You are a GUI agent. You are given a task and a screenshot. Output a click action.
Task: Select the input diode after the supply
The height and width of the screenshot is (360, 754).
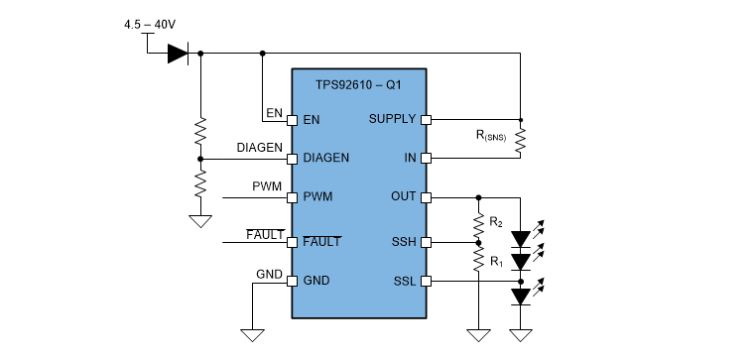[x=178, y=54]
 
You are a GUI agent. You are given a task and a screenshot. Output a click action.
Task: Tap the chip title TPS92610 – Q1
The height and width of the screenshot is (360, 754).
[x=359, y=86]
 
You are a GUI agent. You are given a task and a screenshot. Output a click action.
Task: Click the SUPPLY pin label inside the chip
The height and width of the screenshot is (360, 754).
[x=392, y=119]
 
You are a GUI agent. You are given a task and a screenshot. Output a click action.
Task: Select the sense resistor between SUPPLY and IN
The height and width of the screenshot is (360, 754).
[x=519, y=139]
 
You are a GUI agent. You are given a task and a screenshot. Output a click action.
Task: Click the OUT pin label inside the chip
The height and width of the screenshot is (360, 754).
[x=403, y=196]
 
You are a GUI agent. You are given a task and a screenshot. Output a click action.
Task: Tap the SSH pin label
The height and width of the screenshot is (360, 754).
[x=404, y=241]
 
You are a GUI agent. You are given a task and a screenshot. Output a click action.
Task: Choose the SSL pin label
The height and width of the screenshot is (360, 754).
[x=404, y=282]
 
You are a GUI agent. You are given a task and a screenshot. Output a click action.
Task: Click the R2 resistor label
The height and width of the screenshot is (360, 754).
[x=496, y=220]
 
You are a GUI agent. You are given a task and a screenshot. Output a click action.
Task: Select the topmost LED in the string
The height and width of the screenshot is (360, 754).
[x=521, y=239]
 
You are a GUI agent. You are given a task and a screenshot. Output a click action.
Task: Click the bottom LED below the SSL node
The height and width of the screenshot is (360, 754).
[x=521, y=297]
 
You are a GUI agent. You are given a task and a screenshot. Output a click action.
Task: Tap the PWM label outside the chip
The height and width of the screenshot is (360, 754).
[x=266, y=185]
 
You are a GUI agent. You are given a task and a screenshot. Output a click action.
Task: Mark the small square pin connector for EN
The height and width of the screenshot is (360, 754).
[x=293, y=120]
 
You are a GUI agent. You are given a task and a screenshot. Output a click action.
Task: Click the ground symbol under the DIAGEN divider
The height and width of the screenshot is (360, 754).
[x=200, y=221]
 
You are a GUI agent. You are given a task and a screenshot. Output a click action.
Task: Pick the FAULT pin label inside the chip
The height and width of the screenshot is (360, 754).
[x=321, y=241]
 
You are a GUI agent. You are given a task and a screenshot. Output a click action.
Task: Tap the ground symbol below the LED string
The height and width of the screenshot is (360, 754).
[x=521, y=334]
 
